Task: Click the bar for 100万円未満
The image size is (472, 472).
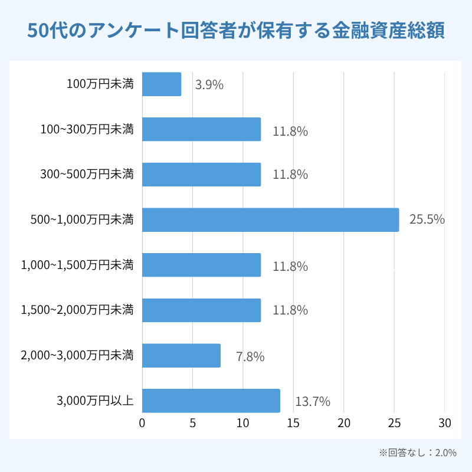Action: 162,84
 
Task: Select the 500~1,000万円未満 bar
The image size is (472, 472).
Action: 270,219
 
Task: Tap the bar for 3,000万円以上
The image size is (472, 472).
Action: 211,401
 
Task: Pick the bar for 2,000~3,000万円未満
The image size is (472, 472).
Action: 181,356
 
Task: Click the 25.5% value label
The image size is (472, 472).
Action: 427,220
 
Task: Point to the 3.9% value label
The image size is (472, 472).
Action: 209,85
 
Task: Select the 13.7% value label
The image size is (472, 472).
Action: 313,402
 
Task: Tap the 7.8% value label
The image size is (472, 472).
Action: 250,357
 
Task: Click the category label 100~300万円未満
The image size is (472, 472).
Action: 87,129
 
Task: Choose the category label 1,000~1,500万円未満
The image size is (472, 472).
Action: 77,265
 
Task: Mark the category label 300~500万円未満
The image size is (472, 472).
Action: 87,174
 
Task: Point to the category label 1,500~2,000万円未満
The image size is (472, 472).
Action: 77,310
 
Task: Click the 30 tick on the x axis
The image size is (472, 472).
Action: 445,423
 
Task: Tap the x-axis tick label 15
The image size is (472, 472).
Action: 293,423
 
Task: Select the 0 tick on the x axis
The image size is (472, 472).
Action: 142,423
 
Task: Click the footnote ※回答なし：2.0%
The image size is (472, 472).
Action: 418,453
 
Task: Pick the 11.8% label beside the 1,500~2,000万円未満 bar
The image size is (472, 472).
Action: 290,311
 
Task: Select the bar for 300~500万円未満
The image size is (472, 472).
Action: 201,175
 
